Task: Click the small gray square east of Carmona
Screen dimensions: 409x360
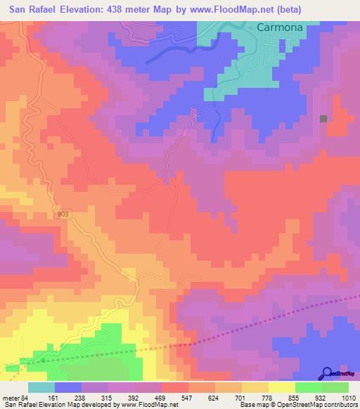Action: [323, 119]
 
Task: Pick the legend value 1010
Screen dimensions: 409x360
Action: [349, 398]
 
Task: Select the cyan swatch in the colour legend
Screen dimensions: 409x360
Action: [41, 387]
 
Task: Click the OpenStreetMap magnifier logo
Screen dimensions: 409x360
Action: [328, 373]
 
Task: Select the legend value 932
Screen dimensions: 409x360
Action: [320, 398]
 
